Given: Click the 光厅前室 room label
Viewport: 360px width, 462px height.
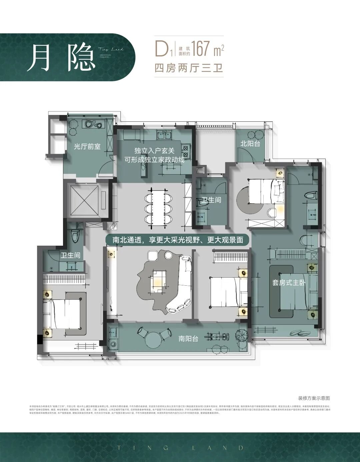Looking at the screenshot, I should tap(87, 146).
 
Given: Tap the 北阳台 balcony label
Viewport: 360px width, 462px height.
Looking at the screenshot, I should tap(250, 144).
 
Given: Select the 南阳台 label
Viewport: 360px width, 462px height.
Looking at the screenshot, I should tap(188, 339).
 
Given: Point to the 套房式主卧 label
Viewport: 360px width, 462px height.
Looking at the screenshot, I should tap(289, 283).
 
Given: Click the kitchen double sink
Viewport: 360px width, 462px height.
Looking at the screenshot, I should tap(164, 135).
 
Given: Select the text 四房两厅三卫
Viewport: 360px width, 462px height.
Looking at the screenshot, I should tap(189, 68).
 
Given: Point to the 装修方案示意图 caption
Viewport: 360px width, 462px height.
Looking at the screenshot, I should tap(314, 398).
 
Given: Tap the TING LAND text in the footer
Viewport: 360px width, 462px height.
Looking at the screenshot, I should tap(180, 448).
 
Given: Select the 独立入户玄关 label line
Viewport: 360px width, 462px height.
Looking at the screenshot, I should tap(154, 151).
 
